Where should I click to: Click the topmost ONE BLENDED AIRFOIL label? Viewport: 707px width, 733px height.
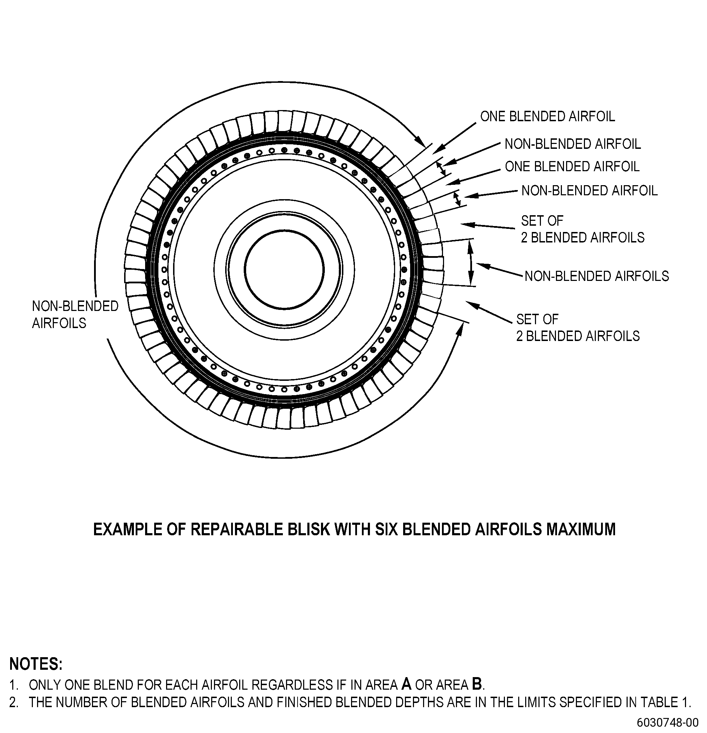[548, 116]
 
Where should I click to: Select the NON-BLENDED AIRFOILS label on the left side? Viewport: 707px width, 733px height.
[75, 314]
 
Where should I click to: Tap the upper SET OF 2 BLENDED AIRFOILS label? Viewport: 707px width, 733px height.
[583, 229]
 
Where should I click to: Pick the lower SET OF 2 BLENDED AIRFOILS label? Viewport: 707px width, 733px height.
[578, 328]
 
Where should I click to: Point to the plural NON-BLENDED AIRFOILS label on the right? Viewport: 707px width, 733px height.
[597, 276]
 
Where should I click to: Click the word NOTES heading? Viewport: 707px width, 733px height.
[36, 664]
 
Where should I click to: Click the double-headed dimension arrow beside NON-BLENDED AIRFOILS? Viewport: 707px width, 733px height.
[471, 262]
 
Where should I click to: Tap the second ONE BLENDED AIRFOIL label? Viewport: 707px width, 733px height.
[572, 166]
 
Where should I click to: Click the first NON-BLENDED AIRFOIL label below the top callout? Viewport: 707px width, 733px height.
[573, 144]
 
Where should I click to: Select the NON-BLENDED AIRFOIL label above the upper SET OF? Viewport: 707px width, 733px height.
[590, 190]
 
